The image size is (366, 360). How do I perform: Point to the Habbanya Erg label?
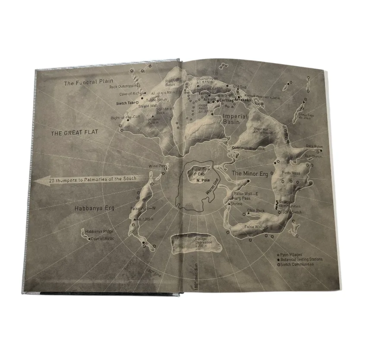click(94, 208)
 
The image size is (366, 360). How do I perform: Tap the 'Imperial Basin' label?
click(235, 119)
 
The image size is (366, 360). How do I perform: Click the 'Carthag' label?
click(226, 101)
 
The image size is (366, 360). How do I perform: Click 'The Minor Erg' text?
click(250, 173)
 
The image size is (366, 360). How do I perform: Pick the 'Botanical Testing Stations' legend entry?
click(303, 259)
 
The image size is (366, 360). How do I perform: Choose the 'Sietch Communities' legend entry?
click(298, 264)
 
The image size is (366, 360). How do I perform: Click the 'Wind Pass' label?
click(158, 165)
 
